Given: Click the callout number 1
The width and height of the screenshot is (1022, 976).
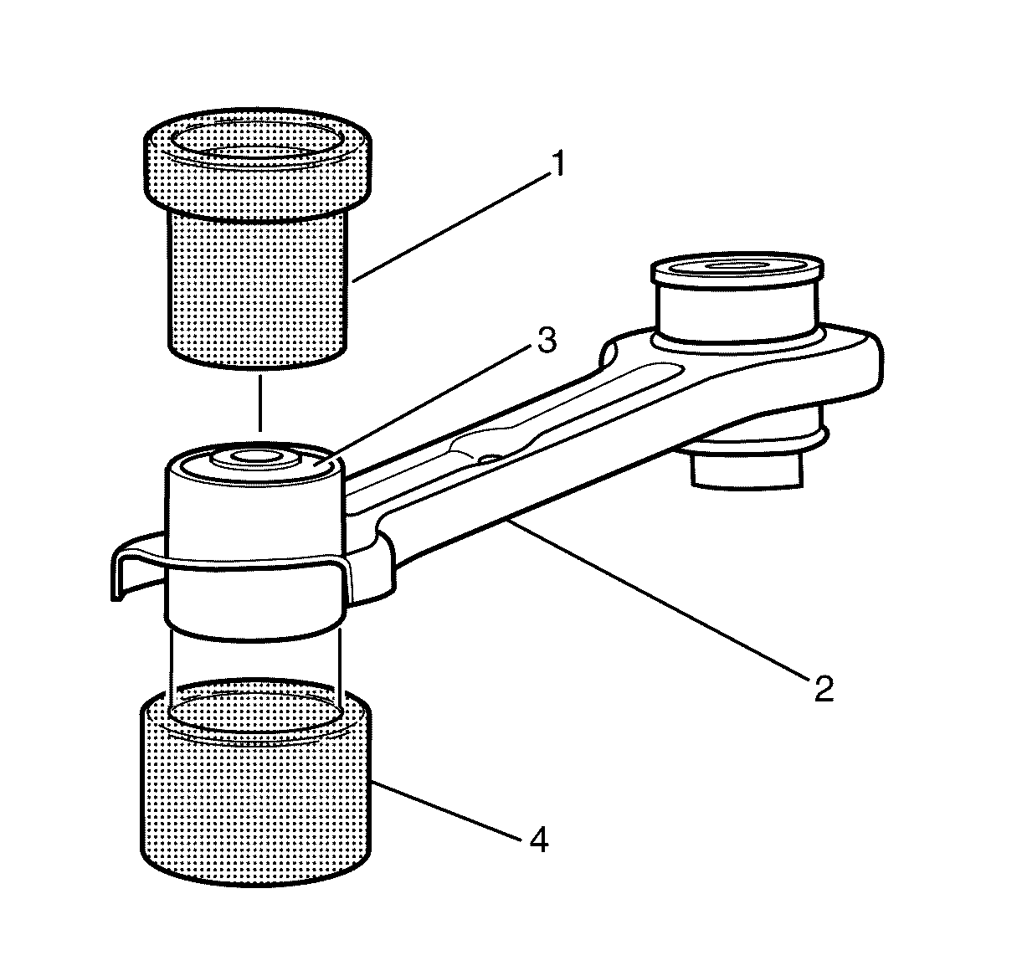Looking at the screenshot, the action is coord(557,163).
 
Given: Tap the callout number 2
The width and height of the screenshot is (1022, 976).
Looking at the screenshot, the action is coord(824,689).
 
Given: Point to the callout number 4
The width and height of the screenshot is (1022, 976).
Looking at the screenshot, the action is coord(539,840).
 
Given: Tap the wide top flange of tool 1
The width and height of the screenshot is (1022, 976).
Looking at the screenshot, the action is coord(258,160).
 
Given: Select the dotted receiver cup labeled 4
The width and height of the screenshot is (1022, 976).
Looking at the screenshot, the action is coord(256,783).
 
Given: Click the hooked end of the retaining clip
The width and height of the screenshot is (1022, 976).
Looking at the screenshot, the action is coord(119,573).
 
